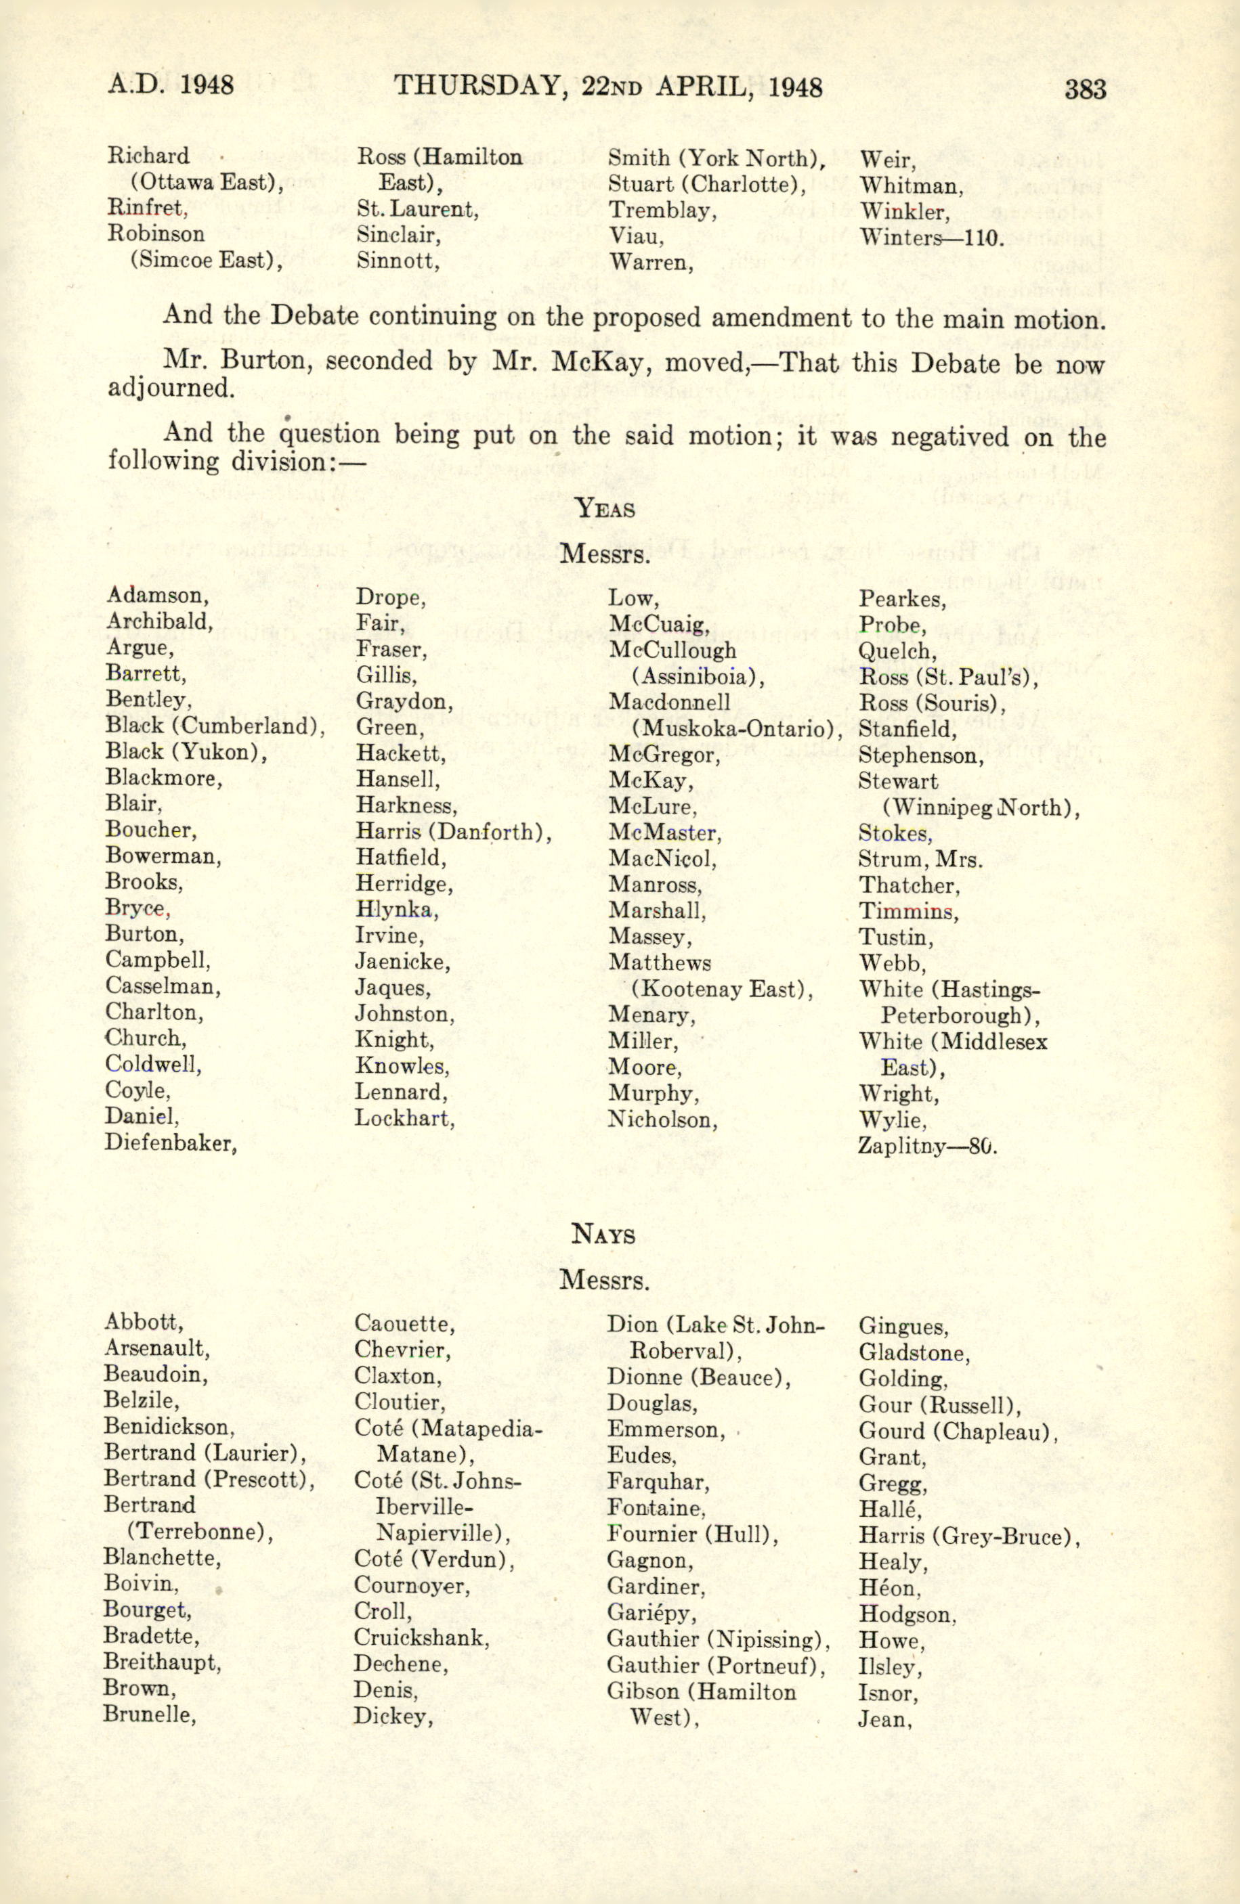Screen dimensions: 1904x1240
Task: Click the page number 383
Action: tap(1085, 87)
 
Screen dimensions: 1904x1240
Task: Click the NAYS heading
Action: tap(603, 1235)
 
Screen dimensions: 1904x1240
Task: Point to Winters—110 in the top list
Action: tap(931, 238)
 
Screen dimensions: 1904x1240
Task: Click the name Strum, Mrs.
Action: tap(920, 860)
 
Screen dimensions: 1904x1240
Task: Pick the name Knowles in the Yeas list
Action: tap(402, 1067)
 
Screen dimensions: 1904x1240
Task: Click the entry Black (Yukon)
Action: tap(186, 752)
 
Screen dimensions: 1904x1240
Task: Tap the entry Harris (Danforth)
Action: tap(453, 832)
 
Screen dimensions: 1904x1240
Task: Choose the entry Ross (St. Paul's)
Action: tap(948, 678)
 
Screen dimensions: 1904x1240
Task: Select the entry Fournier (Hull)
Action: tap(692, 1534)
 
